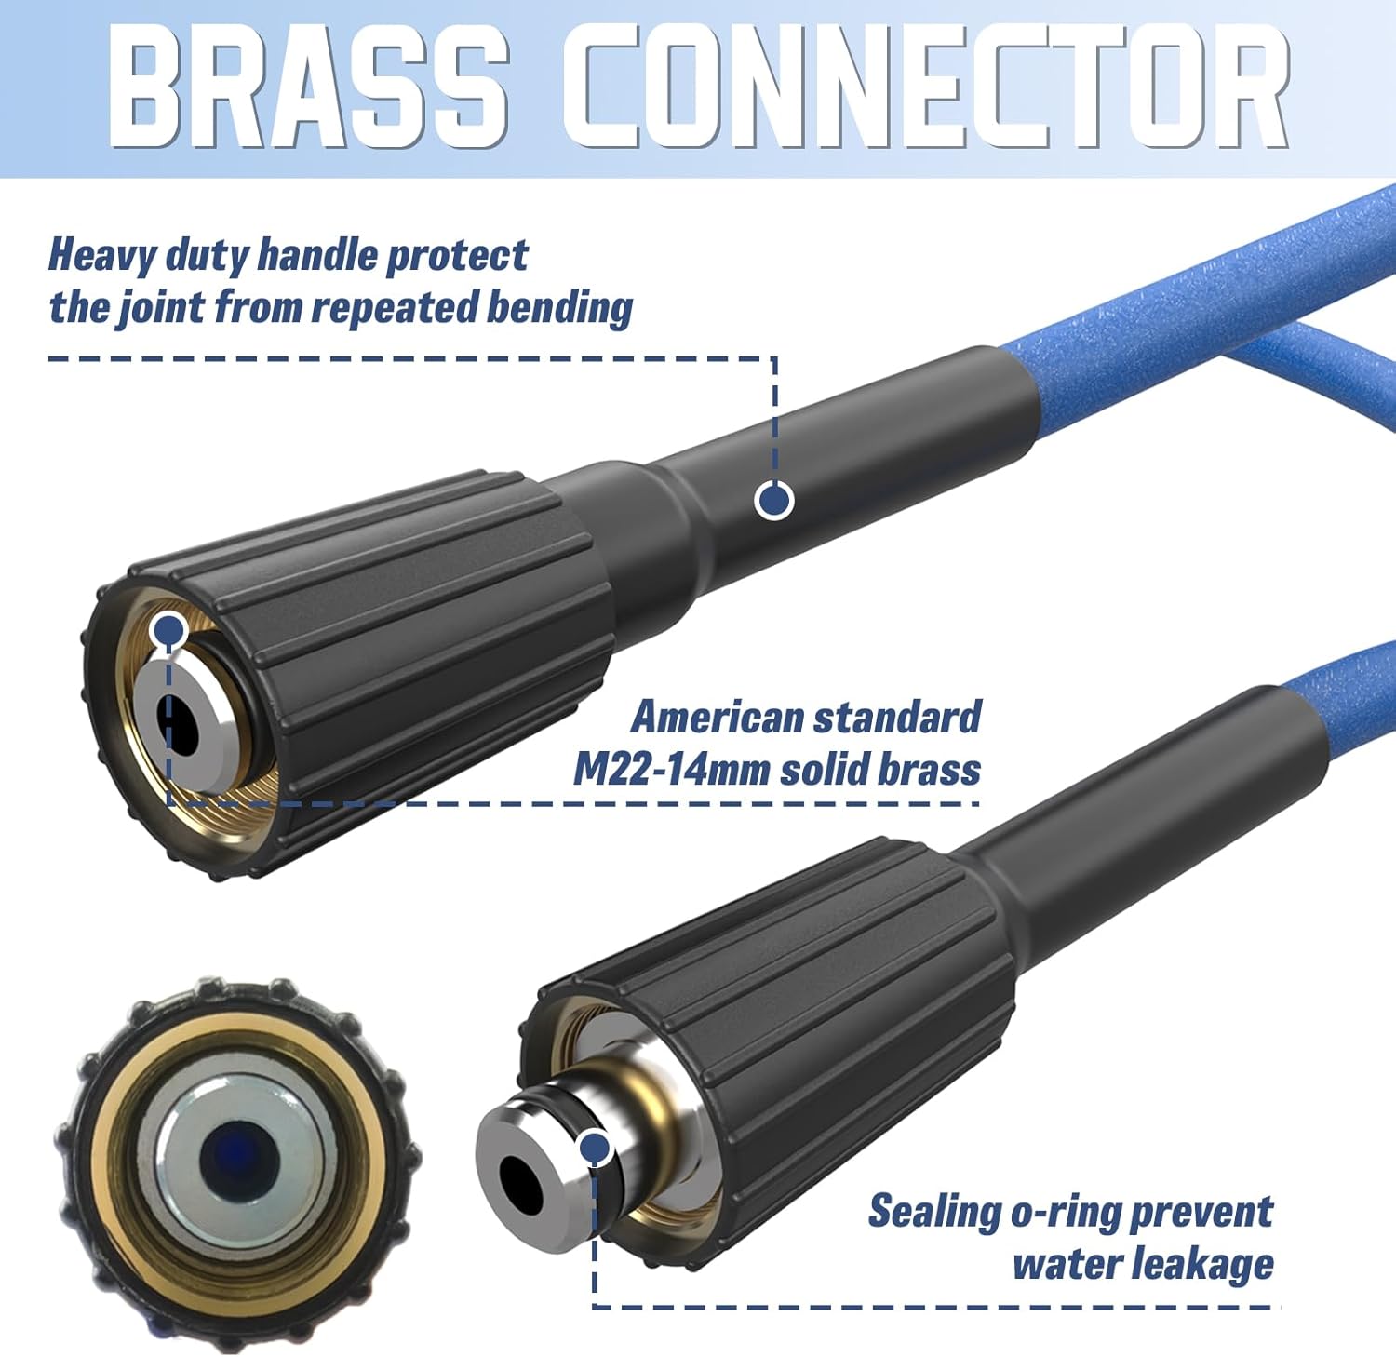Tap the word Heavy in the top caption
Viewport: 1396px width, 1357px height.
(x=101, y=256)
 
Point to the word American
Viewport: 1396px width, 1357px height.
(x=716, y=718)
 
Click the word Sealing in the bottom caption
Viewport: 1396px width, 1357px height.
(x=934, y=1212)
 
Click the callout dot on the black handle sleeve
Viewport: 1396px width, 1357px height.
(x=773, y=501)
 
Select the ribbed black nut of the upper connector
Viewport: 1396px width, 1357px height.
(x=419, y=652)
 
